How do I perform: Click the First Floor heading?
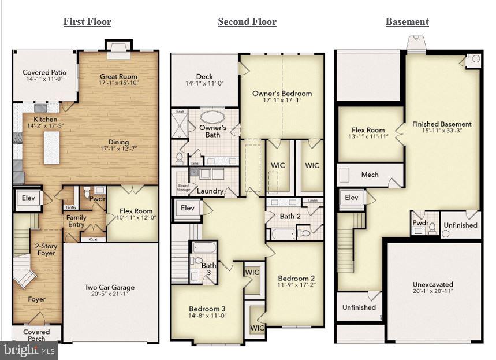click(x=87, y=22)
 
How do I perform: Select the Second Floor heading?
click(x=247, y=22)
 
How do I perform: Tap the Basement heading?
click(x=407, y=22)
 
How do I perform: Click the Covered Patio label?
click(x=44, y=73)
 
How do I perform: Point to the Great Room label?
click(x=118, y=76)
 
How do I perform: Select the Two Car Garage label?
click(x=110, y=287)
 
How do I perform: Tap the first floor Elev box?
click(x=28, y=198)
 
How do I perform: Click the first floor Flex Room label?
click(x=136, y=211)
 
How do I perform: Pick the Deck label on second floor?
click(x=204, y=76)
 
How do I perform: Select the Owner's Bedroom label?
click(x=282, y=93)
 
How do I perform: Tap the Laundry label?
click(x=210, y=191)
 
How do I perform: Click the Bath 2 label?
click(x=290, y=216)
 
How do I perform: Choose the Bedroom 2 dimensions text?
click(x=296, y=284)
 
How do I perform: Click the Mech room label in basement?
click(x=370, y=175)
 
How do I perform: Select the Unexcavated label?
click(x=432, y=284)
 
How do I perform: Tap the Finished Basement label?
click(x=442, y=124)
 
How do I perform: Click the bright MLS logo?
click(x=29, y=350)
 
